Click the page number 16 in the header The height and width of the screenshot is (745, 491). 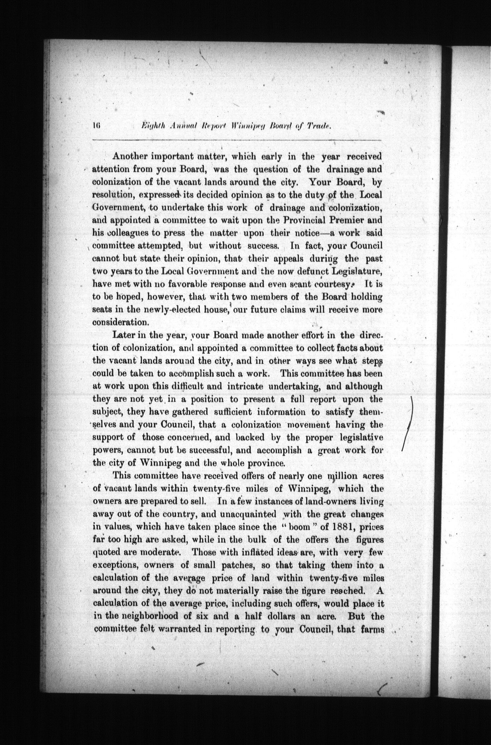(x=96, y=125)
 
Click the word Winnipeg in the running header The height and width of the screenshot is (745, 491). (x=251, y=125)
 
